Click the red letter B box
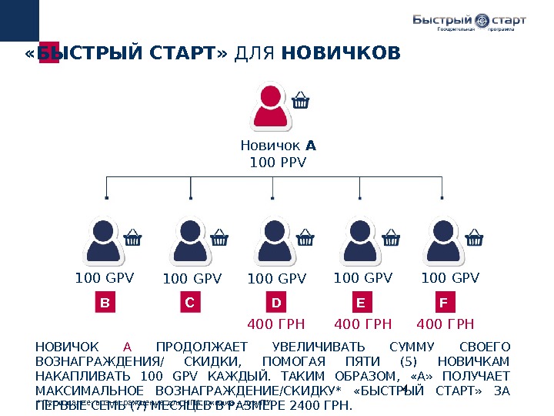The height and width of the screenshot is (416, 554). point(105,304)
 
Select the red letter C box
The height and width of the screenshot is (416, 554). point(191,304)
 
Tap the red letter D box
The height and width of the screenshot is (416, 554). point(276,304)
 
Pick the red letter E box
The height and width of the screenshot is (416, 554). point(360,304)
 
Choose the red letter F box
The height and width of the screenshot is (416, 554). point(443,304)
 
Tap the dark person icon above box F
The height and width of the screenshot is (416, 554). point(443,240)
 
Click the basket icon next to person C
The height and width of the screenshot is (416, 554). point(219,237)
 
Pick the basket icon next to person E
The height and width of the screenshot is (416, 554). point(391,237)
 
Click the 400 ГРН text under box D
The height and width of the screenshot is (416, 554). point(276,324)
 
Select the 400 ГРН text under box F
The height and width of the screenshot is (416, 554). point(445,324)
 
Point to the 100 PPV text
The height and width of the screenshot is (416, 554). point(278,163)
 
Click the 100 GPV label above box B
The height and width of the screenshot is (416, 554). point(105,278)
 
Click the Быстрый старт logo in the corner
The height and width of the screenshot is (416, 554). point(469,22)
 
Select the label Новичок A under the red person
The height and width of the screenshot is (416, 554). point(278,146)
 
